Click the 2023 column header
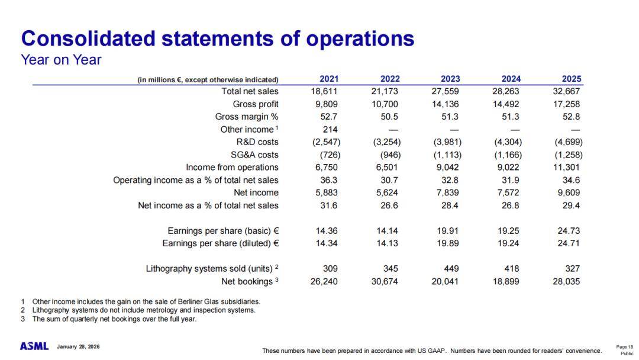pos(450,79)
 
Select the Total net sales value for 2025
pos(567,91)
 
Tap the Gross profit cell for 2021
pos(325,104)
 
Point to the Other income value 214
pos(330,130)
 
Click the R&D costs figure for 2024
pos(507,142)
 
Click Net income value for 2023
pos(447,192)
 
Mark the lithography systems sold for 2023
pos(451,269)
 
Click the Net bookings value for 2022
pos(385,281)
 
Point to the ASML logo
pos(34,346)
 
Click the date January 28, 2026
pos(78,346)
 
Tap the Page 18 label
pos(624,347)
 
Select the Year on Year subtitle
pos(61,60)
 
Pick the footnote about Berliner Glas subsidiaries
pos(146,301)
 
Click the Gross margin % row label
pos(246,117)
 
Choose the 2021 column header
pos(330,79)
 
